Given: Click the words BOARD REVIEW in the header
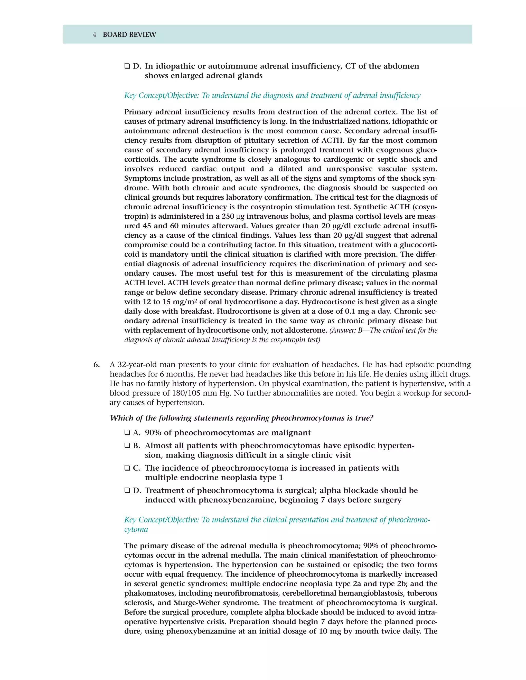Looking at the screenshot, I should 129,35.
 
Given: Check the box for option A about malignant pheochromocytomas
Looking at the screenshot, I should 127,433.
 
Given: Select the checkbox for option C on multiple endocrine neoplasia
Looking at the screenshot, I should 127,468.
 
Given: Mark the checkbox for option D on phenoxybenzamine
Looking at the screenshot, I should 127,490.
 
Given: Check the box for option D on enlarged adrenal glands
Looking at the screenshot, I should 127,66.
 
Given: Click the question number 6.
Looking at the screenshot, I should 97,365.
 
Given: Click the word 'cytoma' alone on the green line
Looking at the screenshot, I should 136,529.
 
